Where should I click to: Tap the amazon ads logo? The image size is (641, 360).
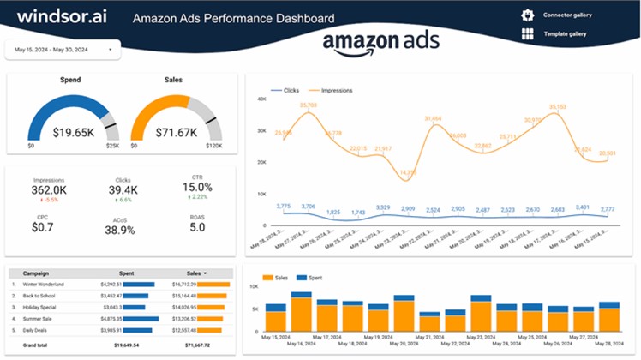380,43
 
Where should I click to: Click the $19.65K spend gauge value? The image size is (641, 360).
73,133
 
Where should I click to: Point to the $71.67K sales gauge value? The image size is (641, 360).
176,133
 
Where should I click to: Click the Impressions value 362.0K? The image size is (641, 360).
49,190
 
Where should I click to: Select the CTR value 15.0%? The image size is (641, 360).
197,187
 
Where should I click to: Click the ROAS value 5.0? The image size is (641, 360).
197,227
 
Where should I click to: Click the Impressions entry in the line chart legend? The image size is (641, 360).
336,89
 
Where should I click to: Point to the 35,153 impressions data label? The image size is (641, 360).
558,107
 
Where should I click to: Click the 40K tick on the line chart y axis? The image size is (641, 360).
261,99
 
